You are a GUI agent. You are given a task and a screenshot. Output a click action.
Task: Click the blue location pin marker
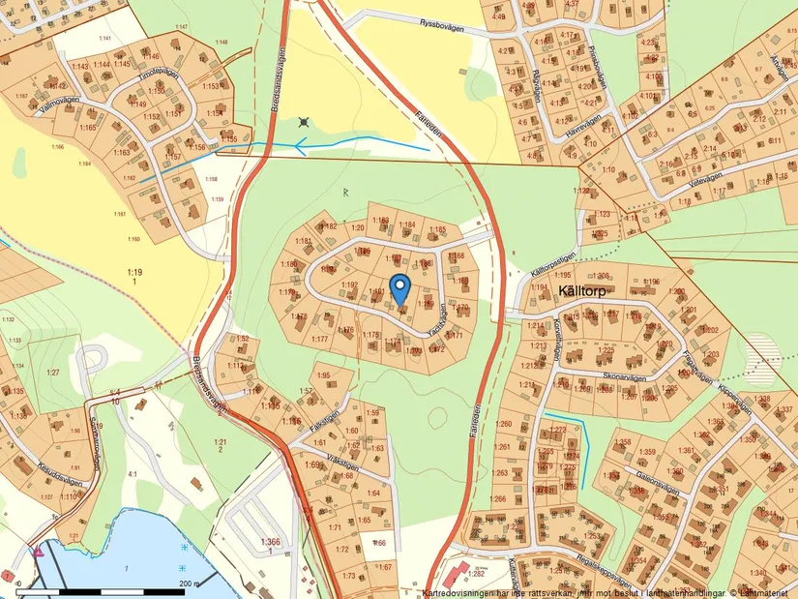[x=400, y=288]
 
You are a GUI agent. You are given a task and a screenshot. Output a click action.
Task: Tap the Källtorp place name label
[x=588, y=289]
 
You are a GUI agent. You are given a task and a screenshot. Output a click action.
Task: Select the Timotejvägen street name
[x=159, y=74]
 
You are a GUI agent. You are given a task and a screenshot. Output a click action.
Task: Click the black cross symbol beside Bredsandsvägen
[x=306, y=123]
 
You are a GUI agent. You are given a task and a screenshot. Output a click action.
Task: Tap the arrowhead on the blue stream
[x=302, y=147]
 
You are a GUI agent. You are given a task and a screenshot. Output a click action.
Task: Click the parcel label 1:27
[x=52, y=372]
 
